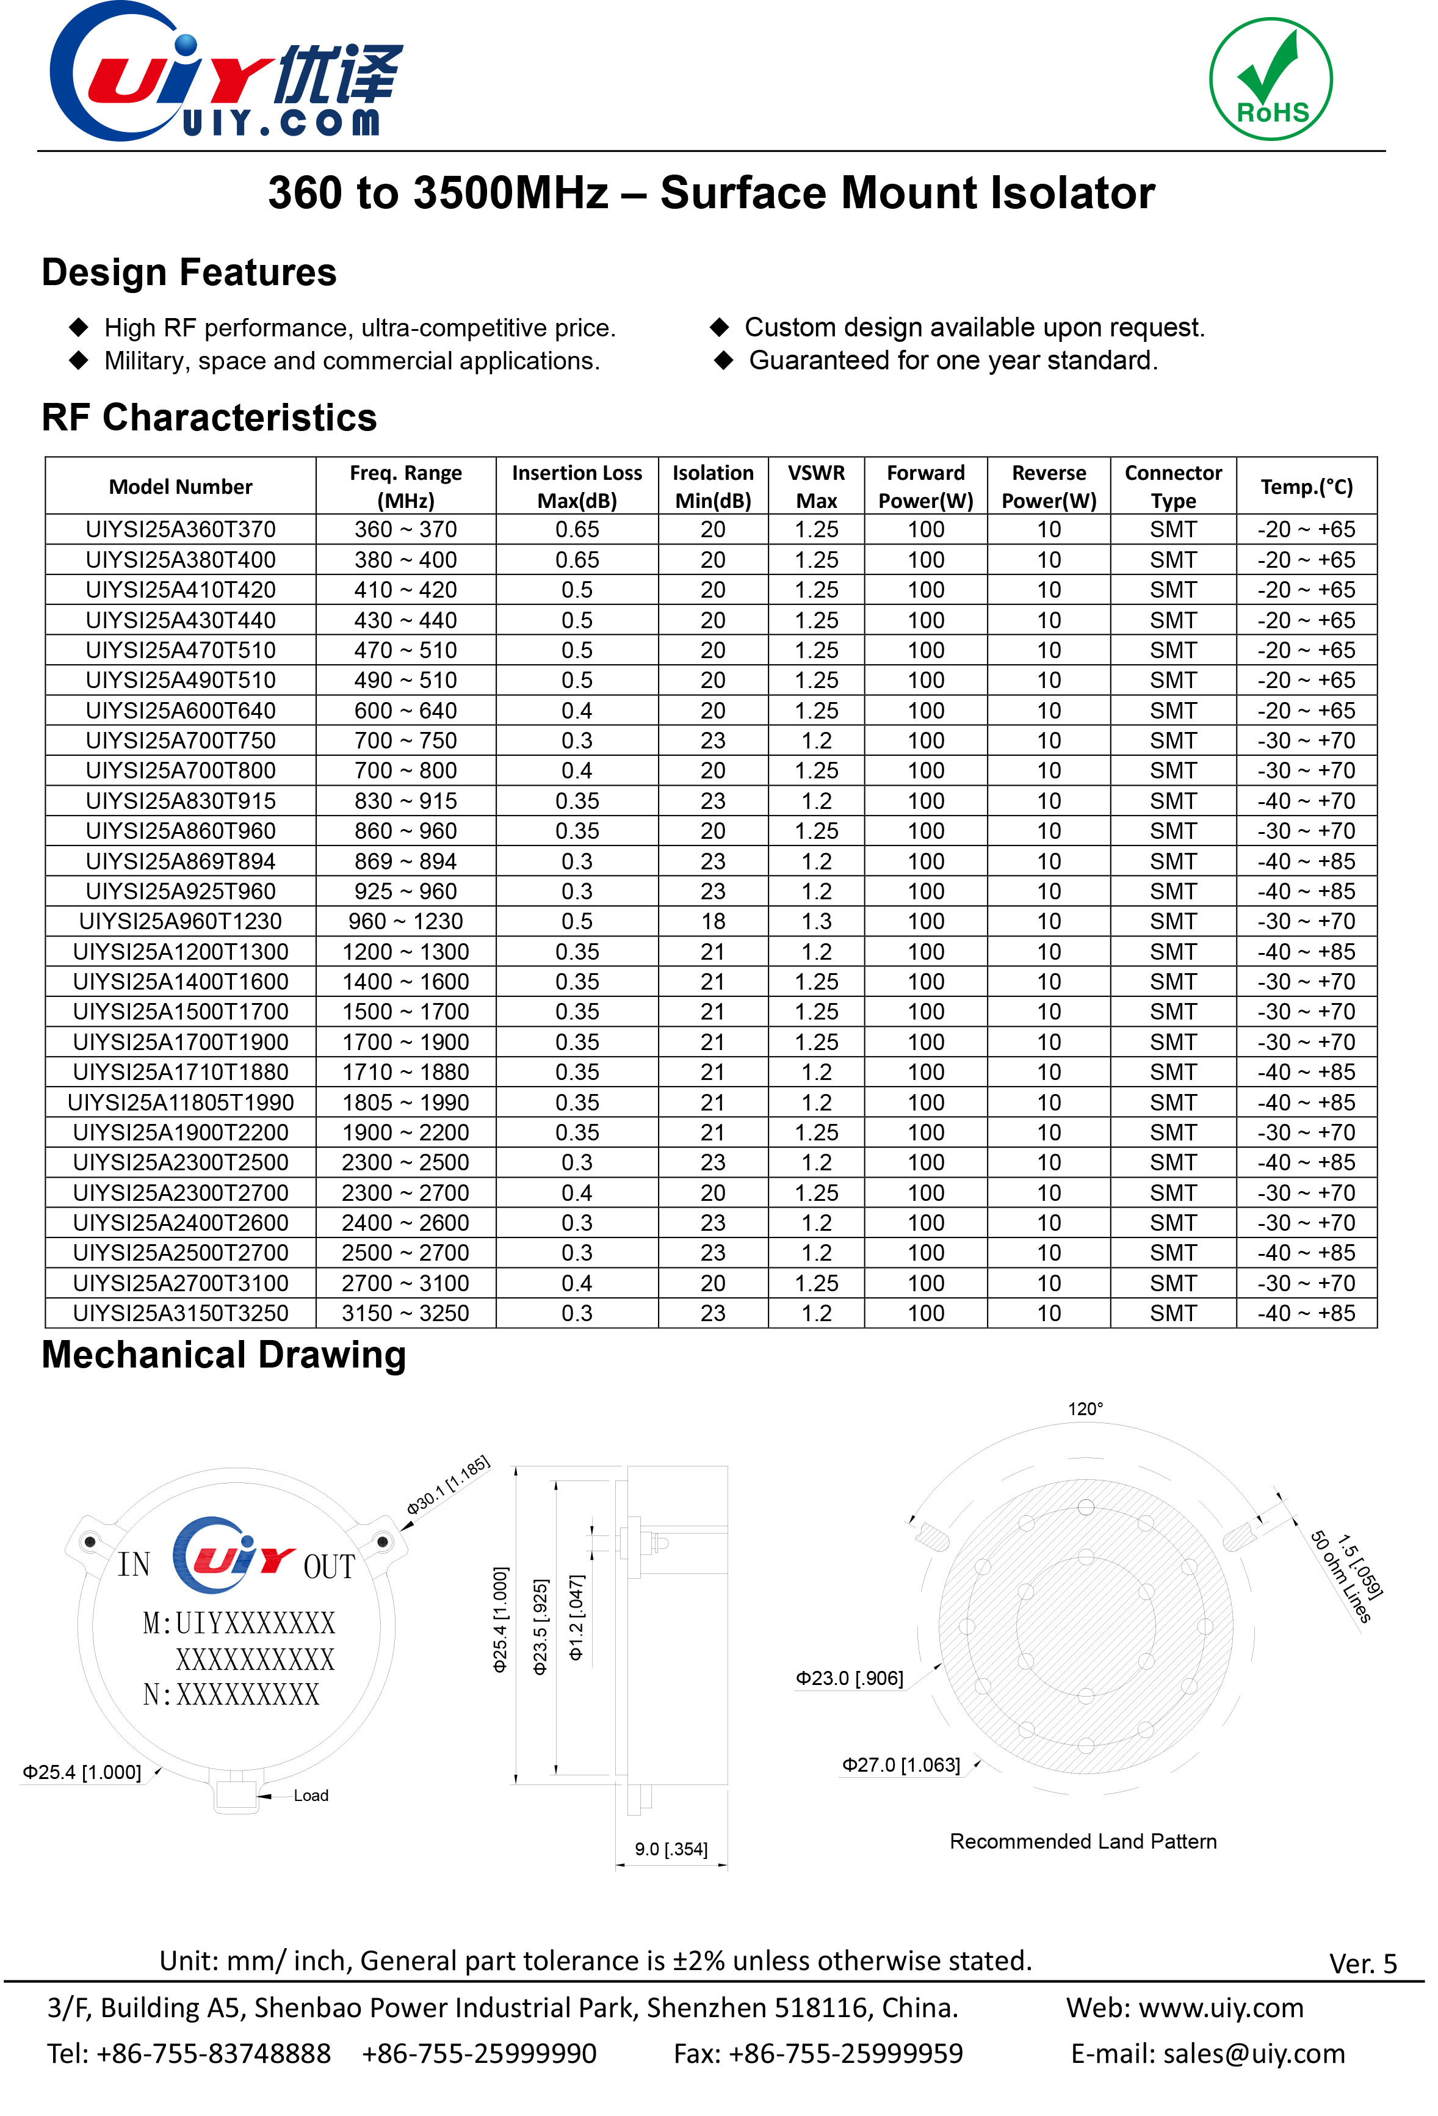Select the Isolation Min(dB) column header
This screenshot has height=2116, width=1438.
pos(713,486)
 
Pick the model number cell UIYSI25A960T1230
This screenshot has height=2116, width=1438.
pos(180,921)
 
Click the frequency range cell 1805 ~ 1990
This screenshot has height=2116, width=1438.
pos(405,1103)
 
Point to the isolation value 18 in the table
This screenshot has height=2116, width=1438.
pos(713,921)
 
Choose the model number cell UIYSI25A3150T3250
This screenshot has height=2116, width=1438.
pos(180,1313)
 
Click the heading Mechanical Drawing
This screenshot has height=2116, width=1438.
pos(224,1355)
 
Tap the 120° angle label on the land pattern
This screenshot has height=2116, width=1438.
pos(1085,1408)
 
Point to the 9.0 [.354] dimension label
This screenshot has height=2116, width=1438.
pos(671,1849)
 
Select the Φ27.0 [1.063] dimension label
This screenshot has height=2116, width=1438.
pos(901,1764)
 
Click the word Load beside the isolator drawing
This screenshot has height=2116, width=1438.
pos(310,1795)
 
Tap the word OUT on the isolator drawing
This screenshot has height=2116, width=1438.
pos(328,1567)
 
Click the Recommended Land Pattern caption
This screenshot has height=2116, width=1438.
pos(1082,1841)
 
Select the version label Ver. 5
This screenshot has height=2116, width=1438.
pos(1362,1964)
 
